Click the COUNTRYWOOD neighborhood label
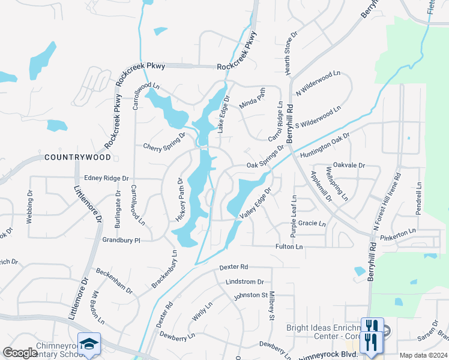(78, 157)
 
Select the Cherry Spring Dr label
(164, 145)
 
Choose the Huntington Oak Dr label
(325, 147)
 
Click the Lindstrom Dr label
(245, 281)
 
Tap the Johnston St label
(250, 295)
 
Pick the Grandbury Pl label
(121, 240)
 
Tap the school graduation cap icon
(89, 343)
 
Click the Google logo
(20, 353)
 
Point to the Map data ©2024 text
(423, 355)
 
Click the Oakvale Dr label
(349, 165)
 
